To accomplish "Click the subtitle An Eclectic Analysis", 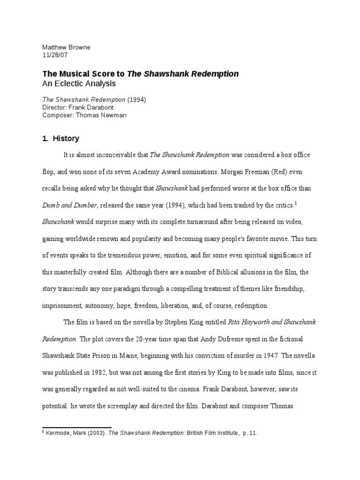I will pos(79,83).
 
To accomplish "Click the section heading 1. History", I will pos(61,138).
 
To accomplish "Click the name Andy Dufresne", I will pos(221,340).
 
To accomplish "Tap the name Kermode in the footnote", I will pos(57,434).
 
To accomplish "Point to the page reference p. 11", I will pos(250,434).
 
